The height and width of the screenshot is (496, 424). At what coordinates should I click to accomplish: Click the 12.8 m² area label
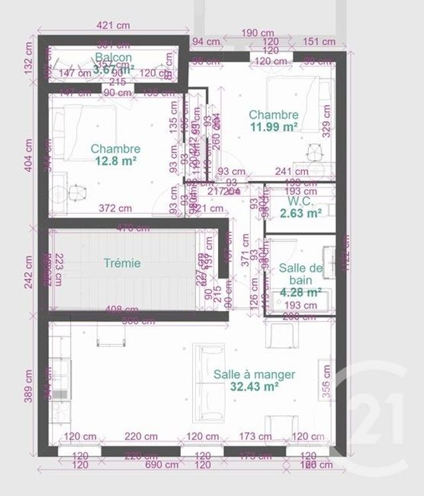116,161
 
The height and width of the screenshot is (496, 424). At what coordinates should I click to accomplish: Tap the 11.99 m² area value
274,127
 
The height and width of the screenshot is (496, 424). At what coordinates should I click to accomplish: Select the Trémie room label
123,263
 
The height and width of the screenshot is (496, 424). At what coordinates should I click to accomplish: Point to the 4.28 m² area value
300,292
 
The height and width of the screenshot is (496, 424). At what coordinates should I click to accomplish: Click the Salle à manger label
254,374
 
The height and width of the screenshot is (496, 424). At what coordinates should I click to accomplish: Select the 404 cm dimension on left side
29,153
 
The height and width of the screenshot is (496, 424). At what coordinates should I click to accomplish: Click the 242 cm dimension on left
29,272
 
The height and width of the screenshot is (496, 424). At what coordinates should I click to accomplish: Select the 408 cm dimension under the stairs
123,308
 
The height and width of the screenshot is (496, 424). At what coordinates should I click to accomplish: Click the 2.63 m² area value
300,212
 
